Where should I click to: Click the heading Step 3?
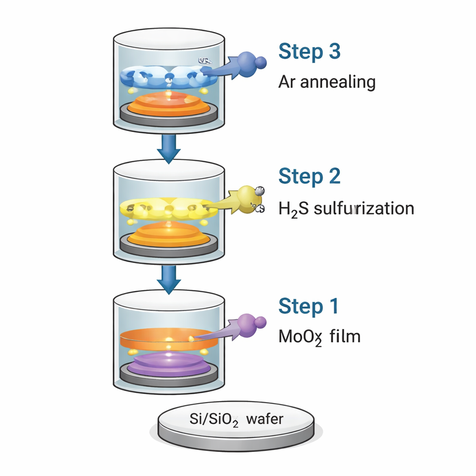[x=309, y=52]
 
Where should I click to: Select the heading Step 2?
[x=309, y=177]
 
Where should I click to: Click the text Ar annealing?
[x=327, y=82]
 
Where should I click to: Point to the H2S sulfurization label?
[x=346, y=208]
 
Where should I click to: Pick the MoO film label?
[x=319, y=336]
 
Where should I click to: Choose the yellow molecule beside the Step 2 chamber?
[x=246, y=197]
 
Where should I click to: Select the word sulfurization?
[x=364, y=208]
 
